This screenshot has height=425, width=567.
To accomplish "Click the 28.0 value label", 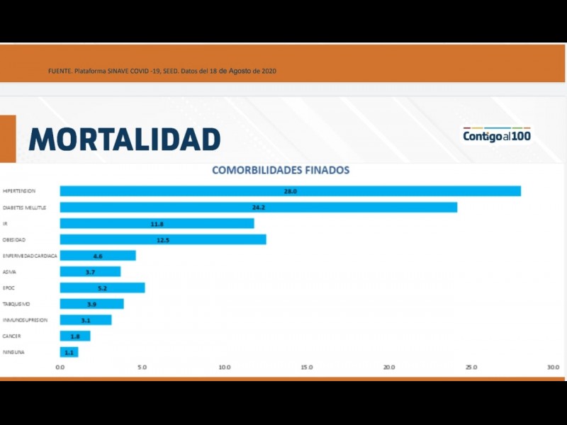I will pyautogui.click(x=290, y=191).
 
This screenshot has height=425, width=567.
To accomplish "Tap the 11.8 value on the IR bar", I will pyautogui.click(x=157, y=224).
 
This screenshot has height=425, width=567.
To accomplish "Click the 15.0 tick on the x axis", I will pyautogui.click(x=307, y=368).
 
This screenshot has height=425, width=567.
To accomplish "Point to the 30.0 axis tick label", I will pyautogui.click(x=553, y=368).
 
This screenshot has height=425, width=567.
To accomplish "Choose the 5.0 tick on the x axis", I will pyautogui.click(x=142, y=368).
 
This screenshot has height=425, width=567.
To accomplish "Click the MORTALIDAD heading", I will pyautogui.click(x=125, y=139).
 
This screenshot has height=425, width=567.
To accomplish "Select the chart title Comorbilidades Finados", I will pyautogui.click(x=281, y=171).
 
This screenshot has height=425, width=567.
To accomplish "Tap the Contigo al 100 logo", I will pyautogui.click(x=497, y=135).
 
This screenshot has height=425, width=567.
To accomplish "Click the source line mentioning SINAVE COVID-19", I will pyautogui.click(x=162, y=71).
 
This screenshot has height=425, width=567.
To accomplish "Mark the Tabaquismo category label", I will pyautogui.click(x=16, y=304).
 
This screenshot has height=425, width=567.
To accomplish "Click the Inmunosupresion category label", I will pyautogui.click(x=25, y=320).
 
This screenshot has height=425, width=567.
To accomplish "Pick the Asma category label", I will pyautogui.click(x=9, y=272).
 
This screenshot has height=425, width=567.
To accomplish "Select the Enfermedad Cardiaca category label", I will pyautogui.click(x=30, y=256).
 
